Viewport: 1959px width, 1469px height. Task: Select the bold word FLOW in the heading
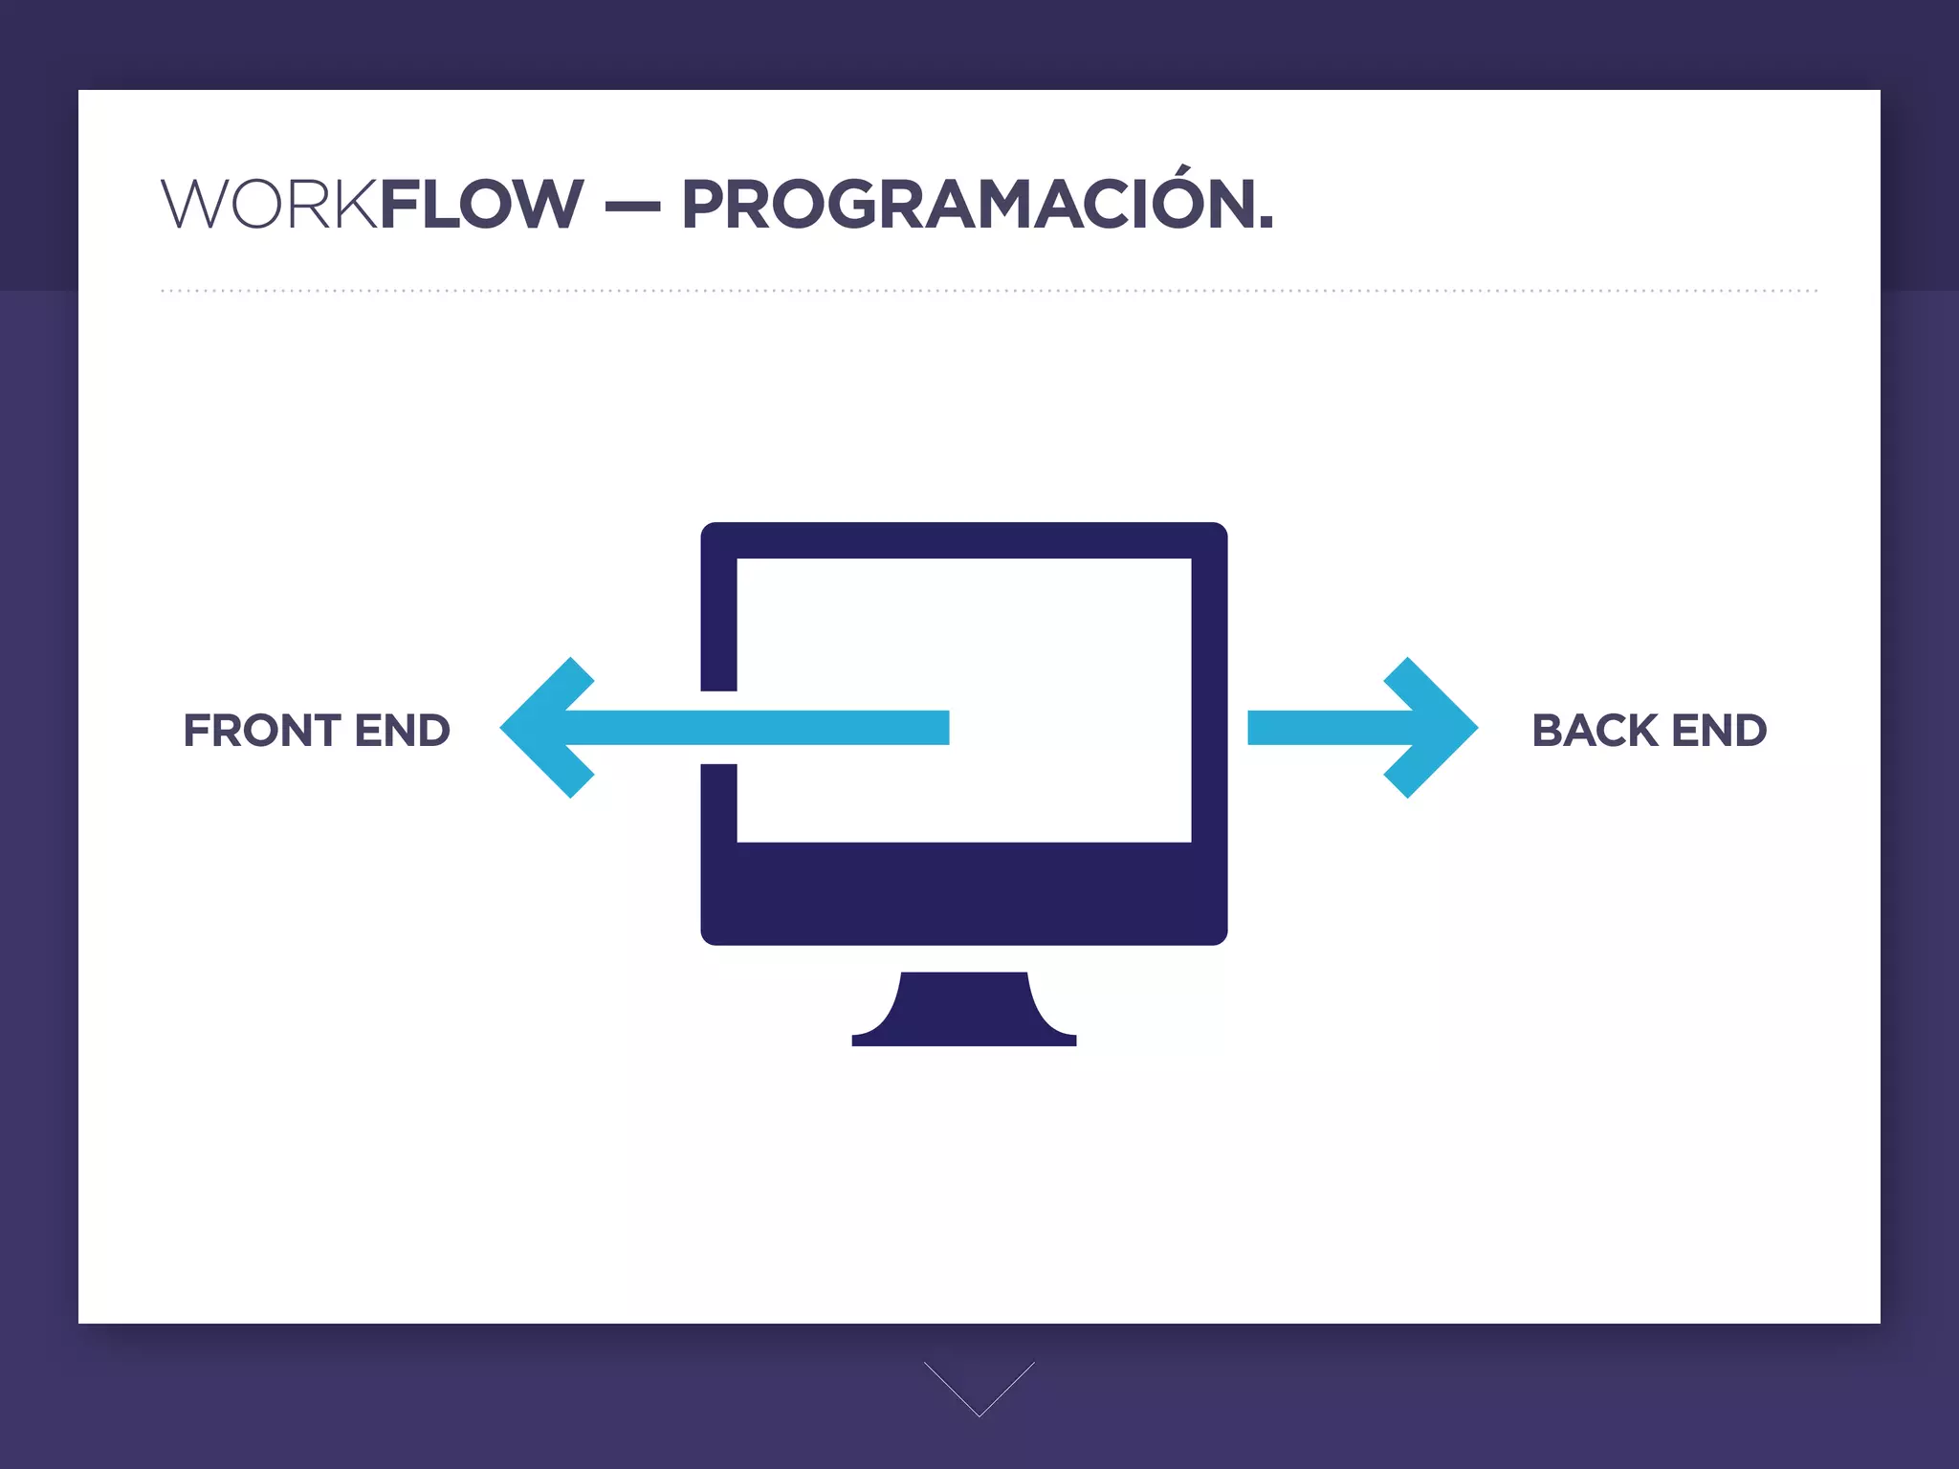pyautogui.click(x=481, y=205)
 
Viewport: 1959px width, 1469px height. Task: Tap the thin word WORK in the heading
pyautogui.click(x=270, y=205)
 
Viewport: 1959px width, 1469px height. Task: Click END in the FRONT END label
pyautogui.click(x=402, y=731)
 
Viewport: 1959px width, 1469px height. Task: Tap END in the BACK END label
pyautogui.click(x=1719, y=731)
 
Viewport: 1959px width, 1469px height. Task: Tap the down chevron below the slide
pyautogui.click(x=979, y=1389)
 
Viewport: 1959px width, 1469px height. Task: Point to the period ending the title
pyautogui.click(x=1266, y=225)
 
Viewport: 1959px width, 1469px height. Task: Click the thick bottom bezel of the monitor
pyautogui.click(x=964, y=893)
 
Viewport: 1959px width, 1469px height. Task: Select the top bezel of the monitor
pyautogui.click(x=964, y=540)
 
